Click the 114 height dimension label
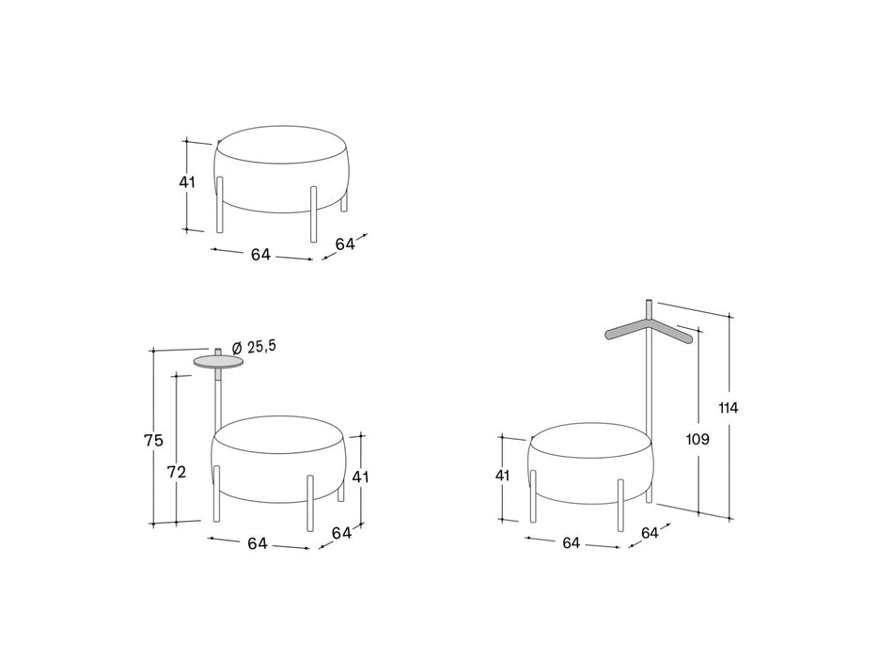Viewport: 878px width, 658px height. point(729,408)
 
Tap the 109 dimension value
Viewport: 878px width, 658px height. point(698,440)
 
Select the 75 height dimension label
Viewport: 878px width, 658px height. point(153,441)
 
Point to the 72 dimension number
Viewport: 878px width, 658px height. point(177,473)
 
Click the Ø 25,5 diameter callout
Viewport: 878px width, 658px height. point(254,347)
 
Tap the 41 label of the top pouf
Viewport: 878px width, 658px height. point(187,182)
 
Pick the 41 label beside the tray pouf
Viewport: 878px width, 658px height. point(361,478)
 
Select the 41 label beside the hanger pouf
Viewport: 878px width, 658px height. point(502,476)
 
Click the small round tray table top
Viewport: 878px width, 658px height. point(218,362)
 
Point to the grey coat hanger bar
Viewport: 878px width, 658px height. point(650,332)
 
